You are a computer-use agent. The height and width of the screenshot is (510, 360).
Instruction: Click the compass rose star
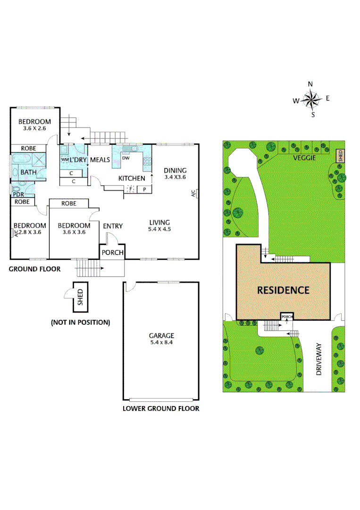(x=311, y=99)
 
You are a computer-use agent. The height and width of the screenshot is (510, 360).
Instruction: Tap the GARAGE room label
(x=162, y=336)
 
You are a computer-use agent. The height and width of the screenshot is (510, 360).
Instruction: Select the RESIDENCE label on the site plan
(x=283, y=290)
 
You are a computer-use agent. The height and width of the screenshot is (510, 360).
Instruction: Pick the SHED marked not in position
(x=80, y=297)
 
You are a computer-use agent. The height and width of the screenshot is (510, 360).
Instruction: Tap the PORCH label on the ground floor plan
(x=113, y=253)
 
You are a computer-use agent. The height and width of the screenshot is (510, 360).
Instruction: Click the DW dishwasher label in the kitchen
(x=126, y=158)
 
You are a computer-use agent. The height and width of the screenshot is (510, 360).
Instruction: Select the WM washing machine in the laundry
(x=65, y=160)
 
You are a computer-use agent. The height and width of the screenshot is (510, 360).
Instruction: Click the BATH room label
(x=28, y=172)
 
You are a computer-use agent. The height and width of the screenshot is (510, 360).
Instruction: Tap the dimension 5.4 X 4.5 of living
(x=159, y=230)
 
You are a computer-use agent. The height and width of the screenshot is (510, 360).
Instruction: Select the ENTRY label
(x=113, y=226)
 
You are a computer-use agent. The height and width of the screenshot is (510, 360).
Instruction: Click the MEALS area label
(x=100, y=160)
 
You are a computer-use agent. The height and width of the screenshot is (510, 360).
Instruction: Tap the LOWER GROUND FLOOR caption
(x=161, y=408)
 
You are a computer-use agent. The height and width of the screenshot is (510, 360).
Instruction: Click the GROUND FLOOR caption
(x=35, y=269)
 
